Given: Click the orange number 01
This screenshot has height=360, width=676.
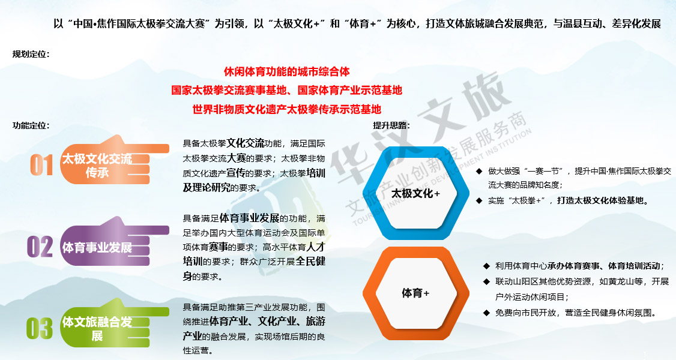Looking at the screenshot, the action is [41, 165].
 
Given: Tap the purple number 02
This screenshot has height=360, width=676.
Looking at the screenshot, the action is [40, 247].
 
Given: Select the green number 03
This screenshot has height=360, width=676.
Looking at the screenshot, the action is [39, 328].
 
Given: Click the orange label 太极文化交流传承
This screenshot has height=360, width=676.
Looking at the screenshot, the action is [97, 166].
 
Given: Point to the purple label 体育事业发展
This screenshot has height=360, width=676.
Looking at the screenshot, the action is [97, 248].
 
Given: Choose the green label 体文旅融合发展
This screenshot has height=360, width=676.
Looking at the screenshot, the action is [97, 329].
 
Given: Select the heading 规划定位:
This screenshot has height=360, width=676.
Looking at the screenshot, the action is [31, 54].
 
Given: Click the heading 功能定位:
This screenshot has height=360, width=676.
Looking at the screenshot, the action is [31, 126].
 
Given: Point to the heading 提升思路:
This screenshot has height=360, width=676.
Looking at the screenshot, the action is [391, 126].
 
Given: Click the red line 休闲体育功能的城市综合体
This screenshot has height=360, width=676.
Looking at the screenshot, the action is [287, 71].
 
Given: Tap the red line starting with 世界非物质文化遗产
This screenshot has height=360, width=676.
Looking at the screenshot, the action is [287, 109].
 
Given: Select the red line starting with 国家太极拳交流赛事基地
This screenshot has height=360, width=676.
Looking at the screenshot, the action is [287, 91].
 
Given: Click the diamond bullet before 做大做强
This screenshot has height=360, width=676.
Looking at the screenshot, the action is [479, 172].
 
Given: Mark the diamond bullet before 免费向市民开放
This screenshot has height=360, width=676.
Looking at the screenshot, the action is [486, 313].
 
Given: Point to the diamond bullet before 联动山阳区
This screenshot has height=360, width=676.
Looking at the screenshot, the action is [486, 281].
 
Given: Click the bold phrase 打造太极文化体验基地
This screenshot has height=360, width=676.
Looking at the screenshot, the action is [603, 200].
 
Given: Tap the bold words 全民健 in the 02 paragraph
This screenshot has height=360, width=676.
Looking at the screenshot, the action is [310, 262].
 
